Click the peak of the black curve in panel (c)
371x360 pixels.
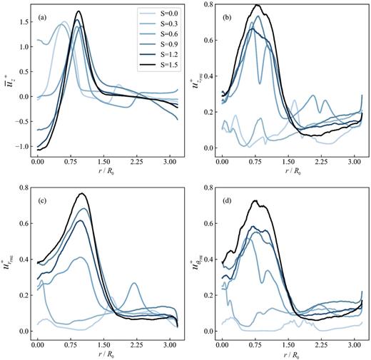tap(83, 193)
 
